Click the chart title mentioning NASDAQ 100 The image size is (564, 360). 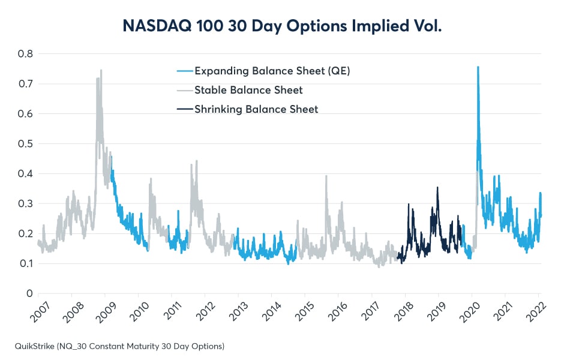[x=282, y=26]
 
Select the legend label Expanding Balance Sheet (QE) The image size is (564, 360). [x=272, y=71]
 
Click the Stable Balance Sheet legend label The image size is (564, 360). [x=248, y=91]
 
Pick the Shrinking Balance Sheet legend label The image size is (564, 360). [x=256, y=109]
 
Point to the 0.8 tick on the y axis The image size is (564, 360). [x=25, y=53]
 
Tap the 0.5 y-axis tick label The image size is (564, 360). [x=25, y=143]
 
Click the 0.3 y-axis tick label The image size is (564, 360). [x=25, y=203]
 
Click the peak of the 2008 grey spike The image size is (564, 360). [x=101, y=70]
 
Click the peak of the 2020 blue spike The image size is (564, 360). [x=478, y=67]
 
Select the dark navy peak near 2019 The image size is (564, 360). [x=437, y=187]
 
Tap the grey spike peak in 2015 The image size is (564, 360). [x=326, y=176]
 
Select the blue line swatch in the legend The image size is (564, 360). [x=185, y=71]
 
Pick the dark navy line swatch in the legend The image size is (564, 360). [x=185, y=109]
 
